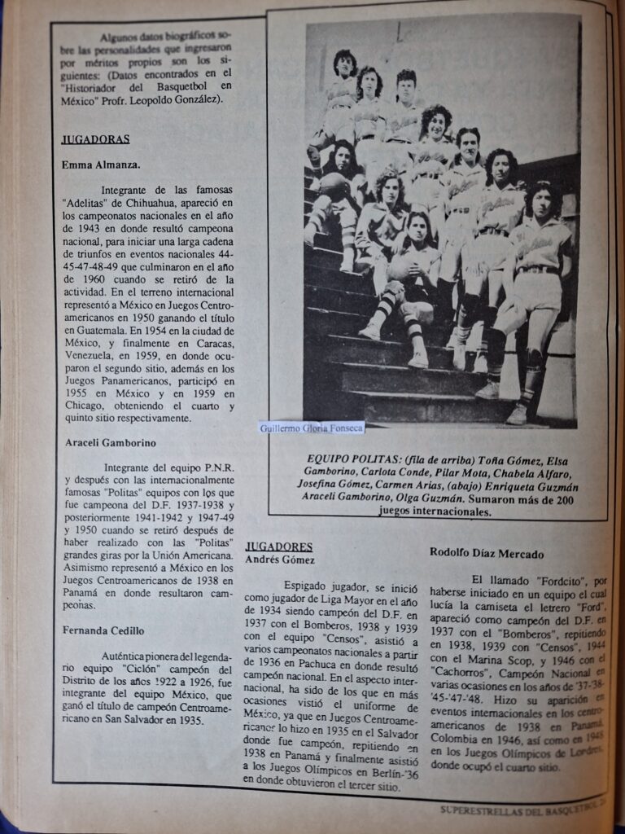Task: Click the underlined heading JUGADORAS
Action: point(96,139)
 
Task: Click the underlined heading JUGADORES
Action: point(279,546)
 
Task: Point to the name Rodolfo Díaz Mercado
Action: point(487,553)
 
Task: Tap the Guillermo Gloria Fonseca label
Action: point(311,427)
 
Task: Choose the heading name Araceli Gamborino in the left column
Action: point(111,443)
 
